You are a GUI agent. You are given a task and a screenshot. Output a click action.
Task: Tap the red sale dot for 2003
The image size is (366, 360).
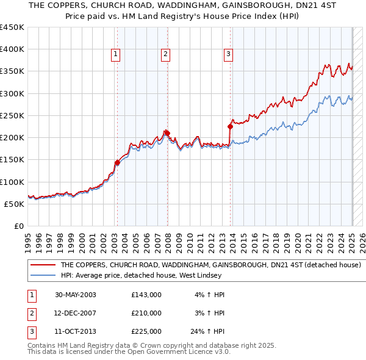117,162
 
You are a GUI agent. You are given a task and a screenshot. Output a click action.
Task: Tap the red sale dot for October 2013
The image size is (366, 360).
231,126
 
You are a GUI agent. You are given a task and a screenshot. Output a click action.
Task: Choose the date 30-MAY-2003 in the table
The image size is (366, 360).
75,295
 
